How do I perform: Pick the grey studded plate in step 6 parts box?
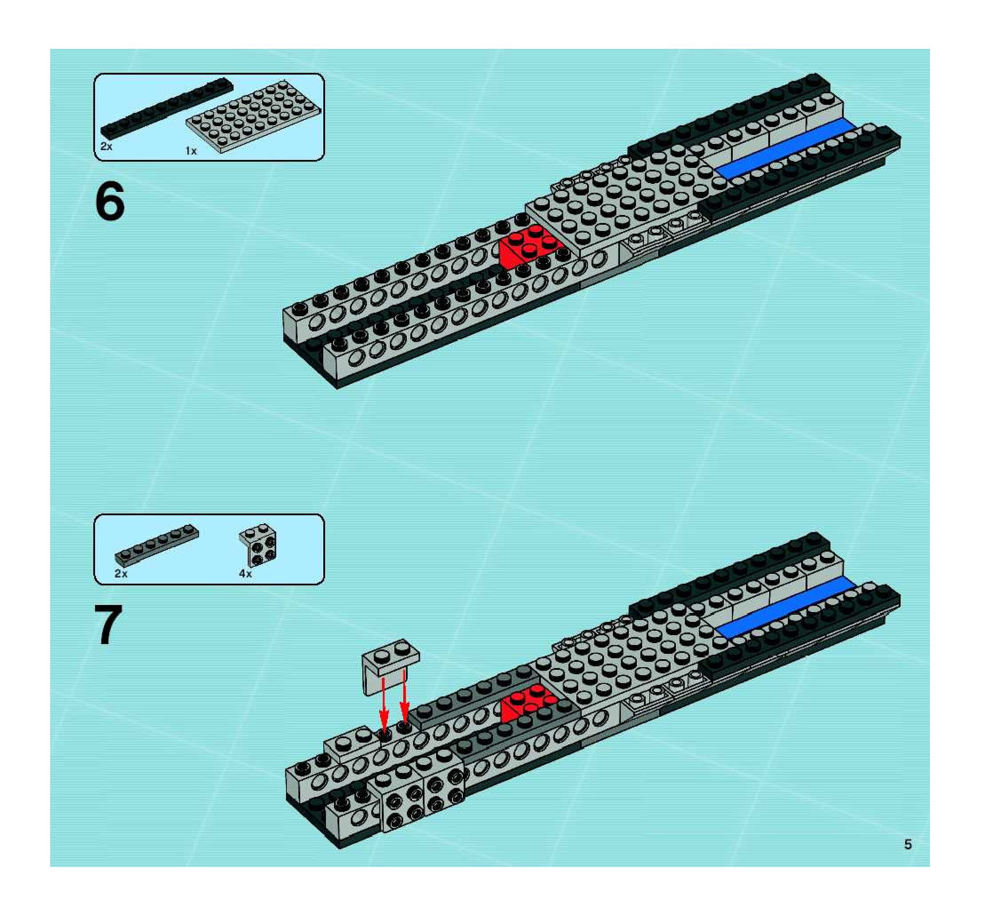pos(254,117)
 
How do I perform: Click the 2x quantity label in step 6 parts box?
pos(107,147)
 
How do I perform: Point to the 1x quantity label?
pos(191,151)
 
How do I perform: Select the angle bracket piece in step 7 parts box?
pos(258,545)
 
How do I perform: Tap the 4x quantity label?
pos(245,574)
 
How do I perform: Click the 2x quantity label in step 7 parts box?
pos(121,574)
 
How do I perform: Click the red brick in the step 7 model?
pos(528,701)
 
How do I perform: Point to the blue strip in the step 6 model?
pos(785,149)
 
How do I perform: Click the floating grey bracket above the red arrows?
pos(390,664)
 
